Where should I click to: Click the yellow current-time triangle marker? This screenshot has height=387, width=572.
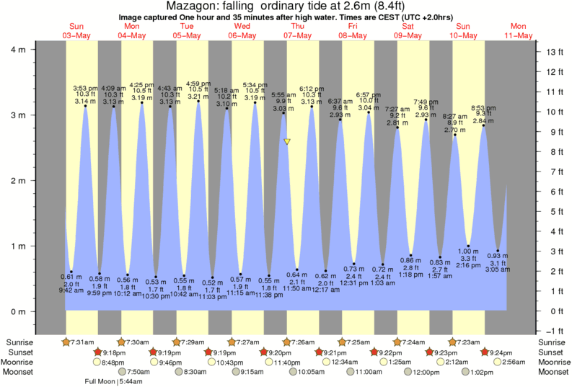[x=287, y=142]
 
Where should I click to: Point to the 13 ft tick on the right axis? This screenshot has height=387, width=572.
[x=554, y=53]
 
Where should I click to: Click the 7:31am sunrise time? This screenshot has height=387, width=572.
[x=80, y=342]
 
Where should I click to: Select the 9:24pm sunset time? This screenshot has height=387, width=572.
[x=501, y=352]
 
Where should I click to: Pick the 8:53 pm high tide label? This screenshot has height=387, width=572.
[x=483, y=107]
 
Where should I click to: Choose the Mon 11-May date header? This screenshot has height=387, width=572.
[x=519, y=31]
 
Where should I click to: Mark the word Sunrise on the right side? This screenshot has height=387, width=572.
[x=553, y=342]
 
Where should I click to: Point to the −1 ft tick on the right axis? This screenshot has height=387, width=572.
[x=554, y=332]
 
